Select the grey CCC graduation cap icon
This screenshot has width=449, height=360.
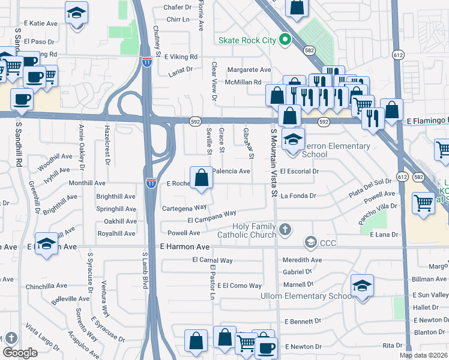click(x=310, y=242)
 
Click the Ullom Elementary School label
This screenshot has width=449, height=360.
click(x=306, y=296)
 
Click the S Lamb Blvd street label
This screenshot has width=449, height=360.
click(x=145, y=270)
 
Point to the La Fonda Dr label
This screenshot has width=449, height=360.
click(x=298, y=195)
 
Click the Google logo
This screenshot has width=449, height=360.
click(x=20, y=353)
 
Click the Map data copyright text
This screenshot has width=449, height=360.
click(x=423, y=355)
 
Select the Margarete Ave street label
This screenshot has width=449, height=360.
click(x=249, y=70)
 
